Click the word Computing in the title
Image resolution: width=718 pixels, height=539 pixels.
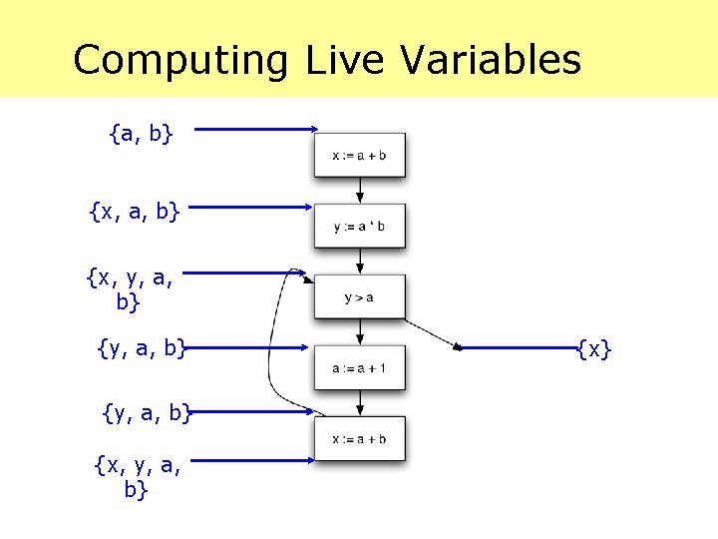point(179,60)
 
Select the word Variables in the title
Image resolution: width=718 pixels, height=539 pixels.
point(491,60)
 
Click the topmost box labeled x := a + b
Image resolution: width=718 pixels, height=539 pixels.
point(360,155)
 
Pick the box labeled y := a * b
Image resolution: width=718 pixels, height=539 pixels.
point(360,227)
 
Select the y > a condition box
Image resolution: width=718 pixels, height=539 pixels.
point(360,296)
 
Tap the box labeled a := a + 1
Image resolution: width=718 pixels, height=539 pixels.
point(360,368)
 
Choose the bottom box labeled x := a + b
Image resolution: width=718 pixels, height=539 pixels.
point(360,438)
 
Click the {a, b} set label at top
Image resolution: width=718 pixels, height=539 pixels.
point(141,132)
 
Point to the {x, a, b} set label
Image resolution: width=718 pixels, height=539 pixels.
point(134,212)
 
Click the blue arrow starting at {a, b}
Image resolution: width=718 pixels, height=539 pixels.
point(254,129)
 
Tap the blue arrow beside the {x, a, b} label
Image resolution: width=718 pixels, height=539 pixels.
point(249,208)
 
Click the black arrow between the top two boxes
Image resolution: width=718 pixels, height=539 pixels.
point(360,192)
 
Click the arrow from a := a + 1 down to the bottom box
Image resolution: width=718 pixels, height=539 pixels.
point(360,404)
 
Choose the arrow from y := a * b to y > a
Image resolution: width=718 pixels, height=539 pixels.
point(360,262)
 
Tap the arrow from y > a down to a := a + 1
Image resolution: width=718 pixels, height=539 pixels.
point(360,332)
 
